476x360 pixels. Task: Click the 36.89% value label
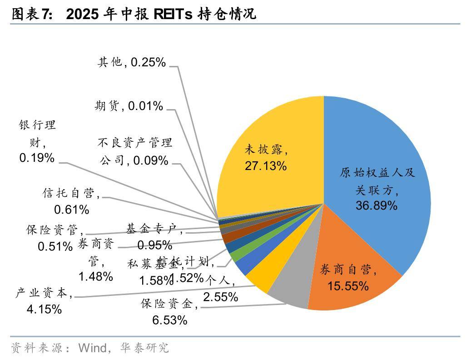pyautogui.click(x=377, y=205)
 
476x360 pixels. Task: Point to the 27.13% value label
pyautogui.click(x=266, y=166)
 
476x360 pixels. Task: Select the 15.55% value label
pyautogui.click(x=348, y=286)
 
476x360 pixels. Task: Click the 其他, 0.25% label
pyautogui.click(x=132, y=62)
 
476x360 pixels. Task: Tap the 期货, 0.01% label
pyautogui.click(x=129, y=106)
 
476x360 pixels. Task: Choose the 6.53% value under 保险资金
pyautogui.click(x=169, y=320)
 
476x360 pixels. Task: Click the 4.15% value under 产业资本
pyautogui.click(x=44, y=310)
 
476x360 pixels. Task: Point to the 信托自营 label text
pyautogui.click(x=69, y=194)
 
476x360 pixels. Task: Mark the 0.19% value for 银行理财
pyautogui.click(x=37, y=158)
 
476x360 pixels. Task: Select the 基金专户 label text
pyautogui.click(x=153, y=230)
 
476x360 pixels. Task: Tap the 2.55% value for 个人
pyautogui.click(x=220, y=297)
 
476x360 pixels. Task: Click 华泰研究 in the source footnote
pyautogui.click(x=144, y=348)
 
